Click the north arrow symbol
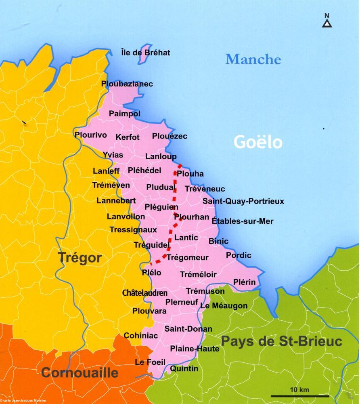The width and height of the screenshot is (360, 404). (327, 21)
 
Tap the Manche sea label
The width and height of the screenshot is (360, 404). (253, 59)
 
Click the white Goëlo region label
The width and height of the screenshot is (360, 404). (258, 142)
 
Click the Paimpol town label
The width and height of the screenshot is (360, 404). (125, 114)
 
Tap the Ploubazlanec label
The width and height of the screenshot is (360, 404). (127, 84)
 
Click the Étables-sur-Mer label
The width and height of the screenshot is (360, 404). (243, 221)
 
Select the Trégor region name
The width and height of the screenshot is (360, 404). (80, 258)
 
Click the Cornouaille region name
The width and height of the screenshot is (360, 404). (80, 372)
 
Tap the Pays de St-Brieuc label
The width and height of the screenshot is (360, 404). (281, 341)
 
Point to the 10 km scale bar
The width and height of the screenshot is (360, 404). (299, 395)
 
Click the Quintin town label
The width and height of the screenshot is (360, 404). (184, 368)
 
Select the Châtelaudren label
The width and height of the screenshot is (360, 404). (144, 292)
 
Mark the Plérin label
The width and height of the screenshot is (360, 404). (244, 282)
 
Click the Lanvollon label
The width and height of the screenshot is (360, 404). (126, 217)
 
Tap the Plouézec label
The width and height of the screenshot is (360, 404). (170, 137)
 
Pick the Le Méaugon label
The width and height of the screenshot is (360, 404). (224, 306)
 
